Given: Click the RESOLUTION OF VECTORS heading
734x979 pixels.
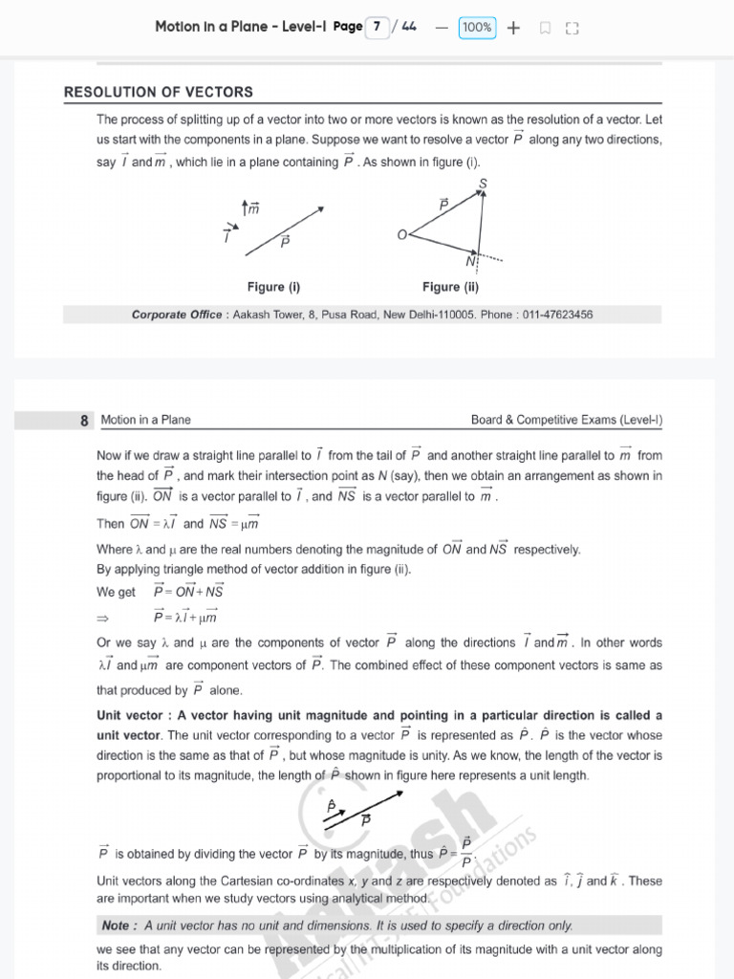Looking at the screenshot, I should (x=159, y=93).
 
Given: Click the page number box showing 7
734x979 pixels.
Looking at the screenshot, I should (x=378, y=28).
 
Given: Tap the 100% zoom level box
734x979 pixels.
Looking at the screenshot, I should (x=477, y=28).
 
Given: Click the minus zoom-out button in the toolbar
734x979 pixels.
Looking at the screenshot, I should (x=441, y=28).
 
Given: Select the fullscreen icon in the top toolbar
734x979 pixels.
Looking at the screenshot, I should (x=572, y=29).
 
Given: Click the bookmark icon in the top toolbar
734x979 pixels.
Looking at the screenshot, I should (x=545, y=29).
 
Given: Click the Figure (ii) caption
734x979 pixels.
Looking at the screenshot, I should (x=450, y=287).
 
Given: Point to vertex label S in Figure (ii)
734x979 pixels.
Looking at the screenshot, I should (x=483, y=183).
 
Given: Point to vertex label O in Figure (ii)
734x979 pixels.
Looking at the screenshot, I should (x=401, y=234).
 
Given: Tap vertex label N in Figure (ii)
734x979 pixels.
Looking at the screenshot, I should (x=470, y=261).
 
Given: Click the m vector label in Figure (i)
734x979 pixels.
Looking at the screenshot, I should (x=253, y=207).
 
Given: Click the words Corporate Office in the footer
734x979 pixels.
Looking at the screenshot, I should (x=176, y=315).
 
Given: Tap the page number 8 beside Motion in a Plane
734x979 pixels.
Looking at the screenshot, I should (x=85, y=420).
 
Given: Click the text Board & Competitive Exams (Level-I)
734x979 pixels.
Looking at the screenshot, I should (x=567, y=420).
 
